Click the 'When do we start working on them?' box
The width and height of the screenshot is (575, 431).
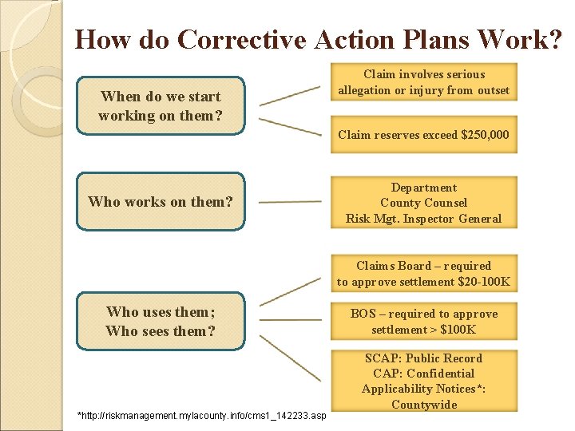point(160,105)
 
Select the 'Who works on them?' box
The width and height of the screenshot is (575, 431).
point(160,202)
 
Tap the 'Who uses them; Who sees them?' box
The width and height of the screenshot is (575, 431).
point(160,321)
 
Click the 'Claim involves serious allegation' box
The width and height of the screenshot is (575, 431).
point(423,82)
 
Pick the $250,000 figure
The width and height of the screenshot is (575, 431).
point(485,135)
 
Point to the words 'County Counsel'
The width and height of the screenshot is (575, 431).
point(423,203)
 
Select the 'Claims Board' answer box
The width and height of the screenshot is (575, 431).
point(423,274)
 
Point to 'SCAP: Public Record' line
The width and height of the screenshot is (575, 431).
point(423,358)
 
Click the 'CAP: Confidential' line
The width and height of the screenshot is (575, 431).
point(423,374)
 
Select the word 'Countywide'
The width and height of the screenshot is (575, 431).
point(423,405)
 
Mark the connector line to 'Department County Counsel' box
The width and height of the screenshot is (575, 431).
point(290,202)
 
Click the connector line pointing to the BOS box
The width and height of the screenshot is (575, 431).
point(290,321)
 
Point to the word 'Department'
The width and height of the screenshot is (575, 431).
point(423,188)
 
